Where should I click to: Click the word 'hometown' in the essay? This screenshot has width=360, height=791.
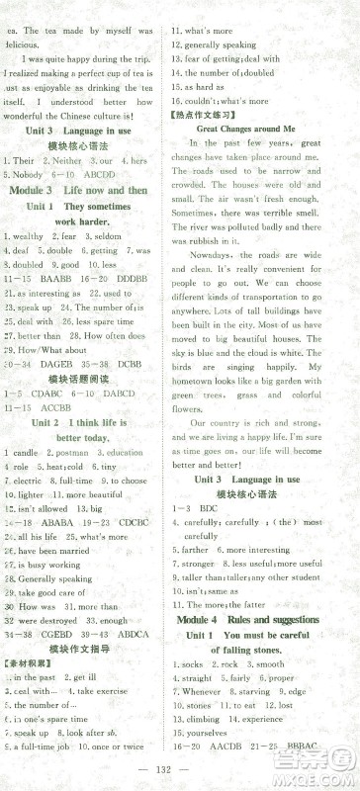(195, 380)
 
